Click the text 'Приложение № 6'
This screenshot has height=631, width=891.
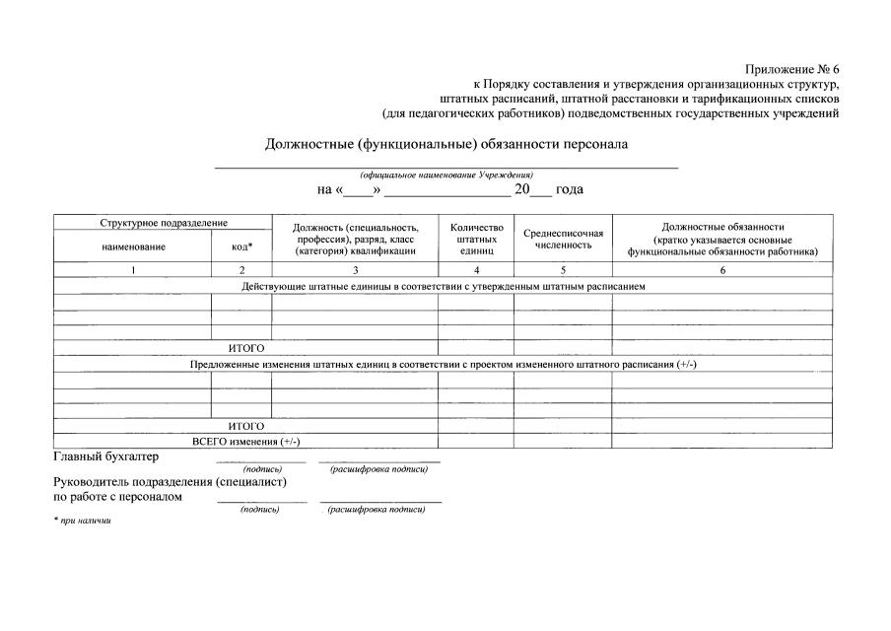(791, 69)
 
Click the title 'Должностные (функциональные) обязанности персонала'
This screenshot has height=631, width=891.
(445, 144)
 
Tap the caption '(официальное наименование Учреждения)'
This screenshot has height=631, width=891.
(445, 175)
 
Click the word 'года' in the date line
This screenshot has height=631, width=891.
(570, 189)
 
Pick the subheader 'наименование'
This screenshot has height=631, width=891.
(133, 246)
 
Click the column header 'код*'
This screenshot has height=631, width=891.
(242, 246)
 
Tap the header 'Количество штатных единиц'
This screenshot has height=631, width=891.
(476, 239)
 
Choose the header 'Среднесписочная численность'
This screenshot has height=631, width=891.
(563, 239)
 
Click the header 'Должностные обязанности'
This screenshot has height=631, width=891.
(722, 227)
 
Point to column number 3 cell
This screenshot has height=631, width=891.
(356, 269)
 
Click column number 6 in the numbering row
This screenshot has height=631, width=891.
(722, 269)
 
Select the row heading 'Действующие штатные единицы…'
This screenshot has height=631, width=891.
(444, 286)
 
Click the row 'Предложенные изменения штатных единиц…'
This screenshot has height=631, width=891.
(444, 364)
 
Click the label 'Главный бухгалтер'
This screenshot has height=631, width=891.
(105, 456)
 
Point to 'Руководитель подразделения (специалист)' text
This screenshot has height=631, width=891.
(171, 483)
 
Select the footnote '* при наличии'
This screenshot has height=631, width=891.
(83, 521)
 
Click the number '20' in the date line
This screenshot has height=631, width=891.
(522, 189)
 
